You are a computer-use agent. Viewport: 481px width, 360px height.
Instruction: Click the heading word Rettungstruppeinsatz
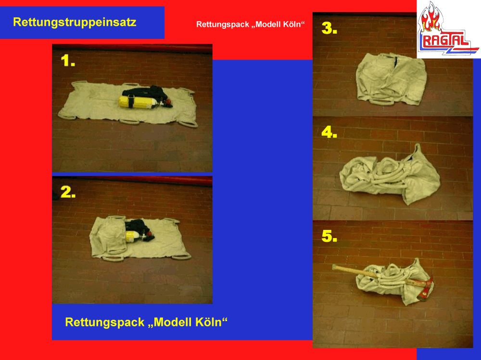(75, 23)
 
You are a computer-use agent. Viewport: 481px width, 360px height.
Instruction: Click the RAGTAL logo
(449, 29)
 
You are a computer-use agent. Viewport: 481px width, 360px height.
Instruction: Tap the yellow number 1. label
(68, 60)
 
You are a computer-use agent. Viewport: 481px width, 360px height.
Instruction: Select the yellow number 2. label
(68, 192)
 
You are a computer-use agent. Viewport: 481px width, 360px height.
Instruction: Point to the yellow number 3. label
(329, 28)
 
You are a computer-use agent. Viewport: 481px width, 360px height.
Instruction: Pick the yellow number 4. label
(329, 132)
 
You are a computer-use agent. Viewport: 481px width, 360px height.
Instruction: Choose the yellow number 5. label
(329, 236)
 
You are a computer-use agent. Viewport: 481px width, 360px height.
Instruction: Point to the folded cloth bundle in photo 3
(391, 79)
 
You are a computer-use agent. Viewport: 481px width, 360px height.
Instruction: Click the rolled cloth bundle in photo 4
(390, 174)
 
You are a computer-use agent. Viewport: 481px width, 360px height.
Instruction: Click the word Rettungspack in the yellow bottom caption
(104, 323)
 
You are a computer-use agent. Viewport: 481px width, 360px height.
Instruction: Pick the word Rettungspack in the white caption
(222, 24)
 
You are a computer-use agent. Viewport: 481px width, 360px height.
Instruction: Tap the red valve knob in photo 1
(168, 102)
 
